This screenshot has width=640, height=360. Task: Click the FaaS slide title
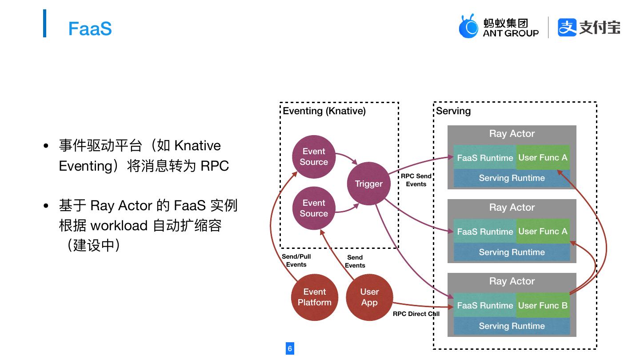pos(90,28)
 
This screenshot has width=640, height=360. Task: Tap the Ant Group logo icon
pos(468,26)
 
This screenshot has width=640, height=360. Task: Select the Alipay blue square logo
pos(567,27)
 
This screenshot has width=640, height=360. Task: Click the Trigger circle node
pos(368,184)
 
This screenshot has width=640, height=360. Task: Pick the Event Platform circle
pos(314,297)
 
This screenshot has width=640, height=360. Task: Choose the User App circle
pos(369,297)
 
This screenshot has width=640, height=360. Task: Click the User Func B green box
pos(543,305)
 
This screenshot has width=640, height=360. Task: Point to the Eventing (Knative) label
pos(324,111)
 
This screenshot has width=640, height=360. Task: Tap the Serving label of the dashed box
pos(453,111)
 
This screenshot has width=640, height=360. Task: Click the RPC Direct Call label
pos(416,314)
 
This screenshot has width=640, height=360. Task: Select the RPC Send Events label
pos(416,180)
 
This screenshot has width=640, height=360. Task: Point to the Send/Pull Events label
pos(296,260)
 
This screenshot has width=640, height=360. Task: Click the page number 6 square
pos(290,348)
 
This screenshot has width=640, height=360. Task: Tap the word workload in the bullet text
pos(119,225)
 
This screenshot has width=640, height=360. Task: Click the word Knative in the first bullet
pos(197,146)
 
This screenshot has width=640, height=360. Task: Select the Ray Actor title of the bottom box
pos(512,281)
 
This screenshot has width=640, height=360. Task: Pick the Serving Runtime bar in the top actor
pos(512,178)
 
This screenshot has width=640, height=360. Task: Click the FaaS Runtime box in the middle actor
pos(485,232)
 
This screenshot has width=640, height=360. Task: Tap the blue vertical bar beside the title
pos(44,23)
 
